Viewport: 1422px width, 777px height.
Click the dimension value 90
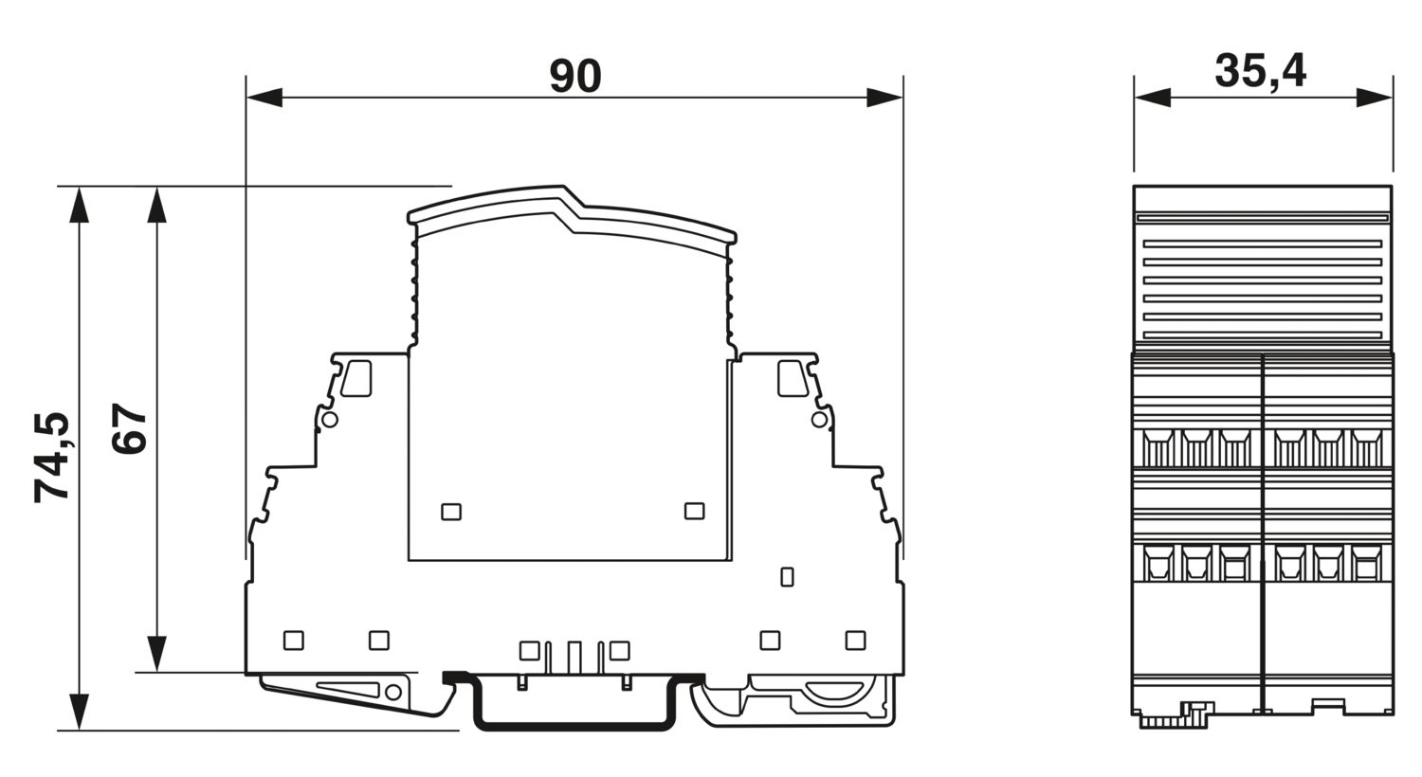point(575,76)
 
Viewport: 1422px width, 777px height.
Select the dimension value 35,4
point(1260,71)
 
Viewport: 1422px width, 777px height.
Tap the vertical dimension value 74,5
point(51,458)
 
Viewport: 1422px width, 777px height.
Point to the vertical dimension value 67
point(130,429)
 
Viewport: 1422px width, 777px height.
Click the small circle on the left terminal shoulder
point(329,420)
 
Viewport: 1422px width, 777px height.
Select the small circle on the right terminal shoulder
point(819,420)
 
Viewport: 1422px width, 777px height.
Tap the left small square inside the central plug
point(451,512)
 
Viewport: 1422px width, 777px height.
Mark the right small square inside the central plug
point(694,512)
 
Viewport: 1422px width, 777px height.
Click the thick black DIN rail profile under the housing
point(574,725)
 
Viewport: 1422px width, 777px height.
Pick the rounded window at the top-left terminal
point(356,378)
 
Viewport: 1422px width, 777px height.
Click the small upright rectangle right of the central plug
point(787,576)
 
